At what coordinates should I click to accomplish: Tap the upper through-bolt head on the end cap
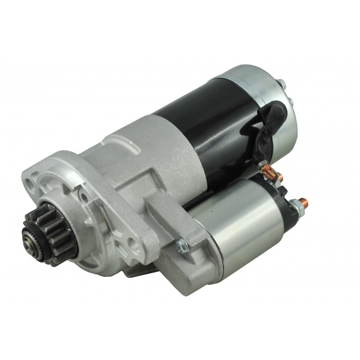[281, 84]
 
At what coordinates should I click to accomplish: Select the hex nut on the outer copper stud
[298, 204]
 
